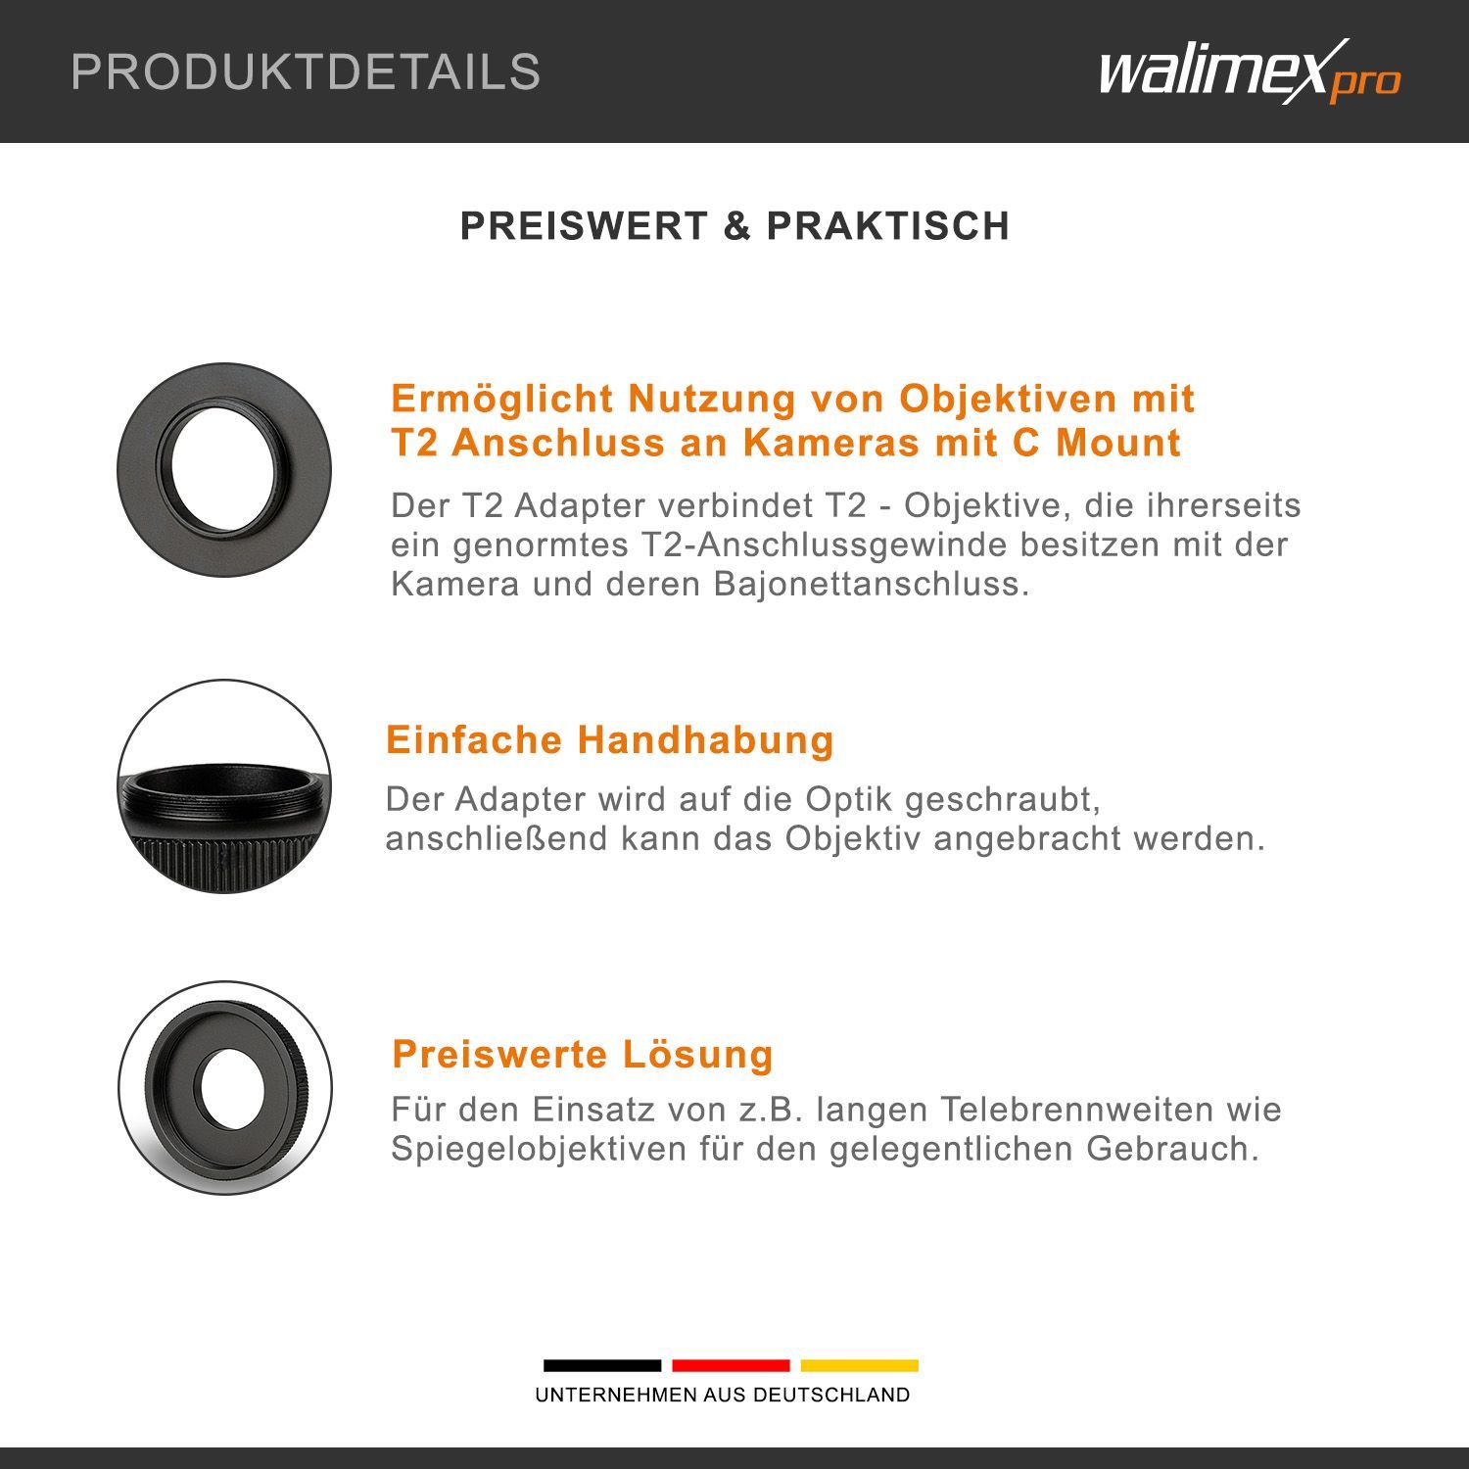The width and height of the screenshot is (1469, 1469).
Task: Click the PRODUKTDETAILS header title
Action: tap(306, 72)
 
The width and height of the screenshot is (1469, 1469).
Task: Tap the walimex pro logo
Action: tap(1250, 71)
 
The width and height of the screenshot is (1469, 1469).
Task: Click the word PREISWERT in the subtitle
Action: tap(584, 226)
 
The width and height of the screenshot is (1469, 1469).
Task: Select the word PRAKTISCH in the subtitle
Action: tap(887, 226)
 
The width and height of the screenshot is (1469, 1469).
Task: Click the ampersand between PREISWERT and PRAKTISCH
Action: tap(736, 226)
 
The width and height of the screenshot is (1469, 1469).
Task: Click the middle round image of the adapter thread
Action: tap(224, 786)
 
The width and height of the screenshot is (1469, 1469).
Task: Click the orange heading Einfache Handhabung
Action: tap(610, 739)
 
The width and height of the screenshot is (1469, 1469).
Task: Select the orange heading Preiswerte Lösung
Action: tap(583, 1055)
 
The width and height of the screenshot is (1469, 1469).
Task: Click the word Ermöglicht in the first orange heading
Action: tap(502, 400)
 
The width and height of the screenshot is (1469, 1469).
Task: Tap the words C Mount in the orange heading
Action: tap(1097, 443)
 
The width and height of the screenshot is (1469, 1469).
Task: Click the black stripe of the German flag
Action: tap(602, 1365)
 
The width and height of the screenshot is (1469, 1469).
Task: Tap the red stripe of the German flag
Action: tap(731, 1365)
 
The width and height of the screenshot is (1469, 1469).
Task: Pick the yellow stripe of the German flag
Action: tap(860, 1365)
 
